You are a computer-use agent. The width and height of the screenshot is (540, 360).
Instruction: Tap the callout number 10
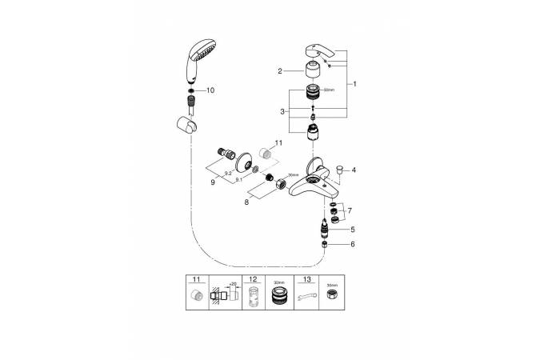(211, 91)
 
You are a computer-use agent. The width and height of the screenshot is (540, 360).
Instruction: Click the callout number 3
(282, 111)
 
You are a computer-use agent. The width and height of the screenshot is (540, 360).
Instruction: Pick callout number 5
(353, 229)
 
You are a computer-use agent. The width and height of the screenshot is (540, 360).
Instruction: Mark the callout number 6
(353, 245)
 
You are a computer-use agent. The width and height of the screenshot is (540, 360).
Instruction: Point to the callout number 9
(212, 183)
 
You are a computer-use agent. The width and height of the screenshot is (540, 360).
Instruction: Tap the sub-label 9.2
(227, 174)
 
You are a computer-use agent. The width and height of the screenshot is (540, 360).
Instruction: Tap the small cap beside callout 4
(339, 170)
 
